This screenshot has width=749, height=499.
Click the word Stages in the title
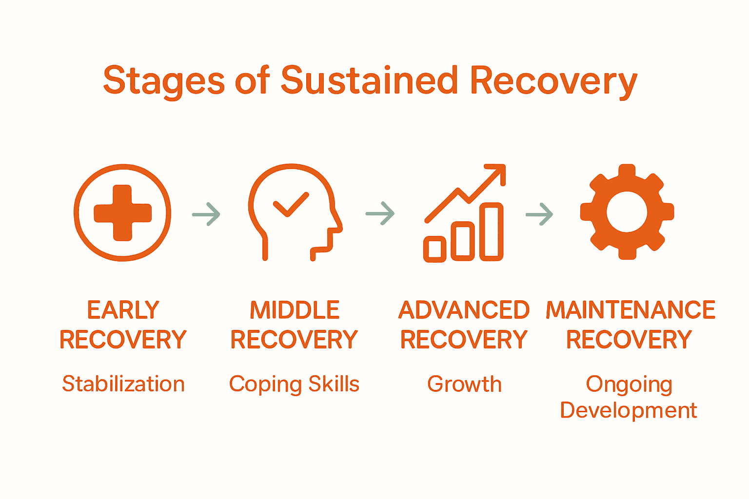coord(164,81)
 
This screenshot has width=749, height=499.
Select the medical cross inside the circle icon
coord(122,213)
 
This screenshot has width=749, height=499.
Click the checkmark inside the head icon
coord(291,205)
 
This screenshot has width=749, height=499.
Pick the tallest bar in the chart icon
coord(492,232)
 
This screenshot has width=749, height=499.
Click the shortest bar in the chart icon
coord(434,249)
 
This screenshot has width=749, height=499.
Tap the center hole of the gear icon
coord(627,212)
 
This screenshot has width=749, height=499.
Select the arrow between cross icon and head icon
coord(206,214)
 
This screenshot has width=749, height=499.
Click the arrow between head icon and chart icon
coord(380,213)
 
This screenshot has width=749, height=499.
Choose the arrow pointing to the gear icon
coord(539,214)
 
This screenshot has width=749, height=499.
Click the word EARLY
coord(123,310)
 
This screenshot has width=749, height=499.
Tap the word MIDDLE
coord(295,310)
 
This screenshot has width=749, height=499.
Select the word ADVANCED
coord(464,310)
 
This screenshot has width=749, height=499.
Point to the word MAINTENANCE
coord(631,310)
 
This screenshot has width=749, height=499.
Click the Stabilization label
coord(123,384)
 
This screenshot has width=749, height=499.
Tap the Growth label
coord(464,384)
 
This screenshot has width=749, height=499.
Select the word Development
coord(629,411)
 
